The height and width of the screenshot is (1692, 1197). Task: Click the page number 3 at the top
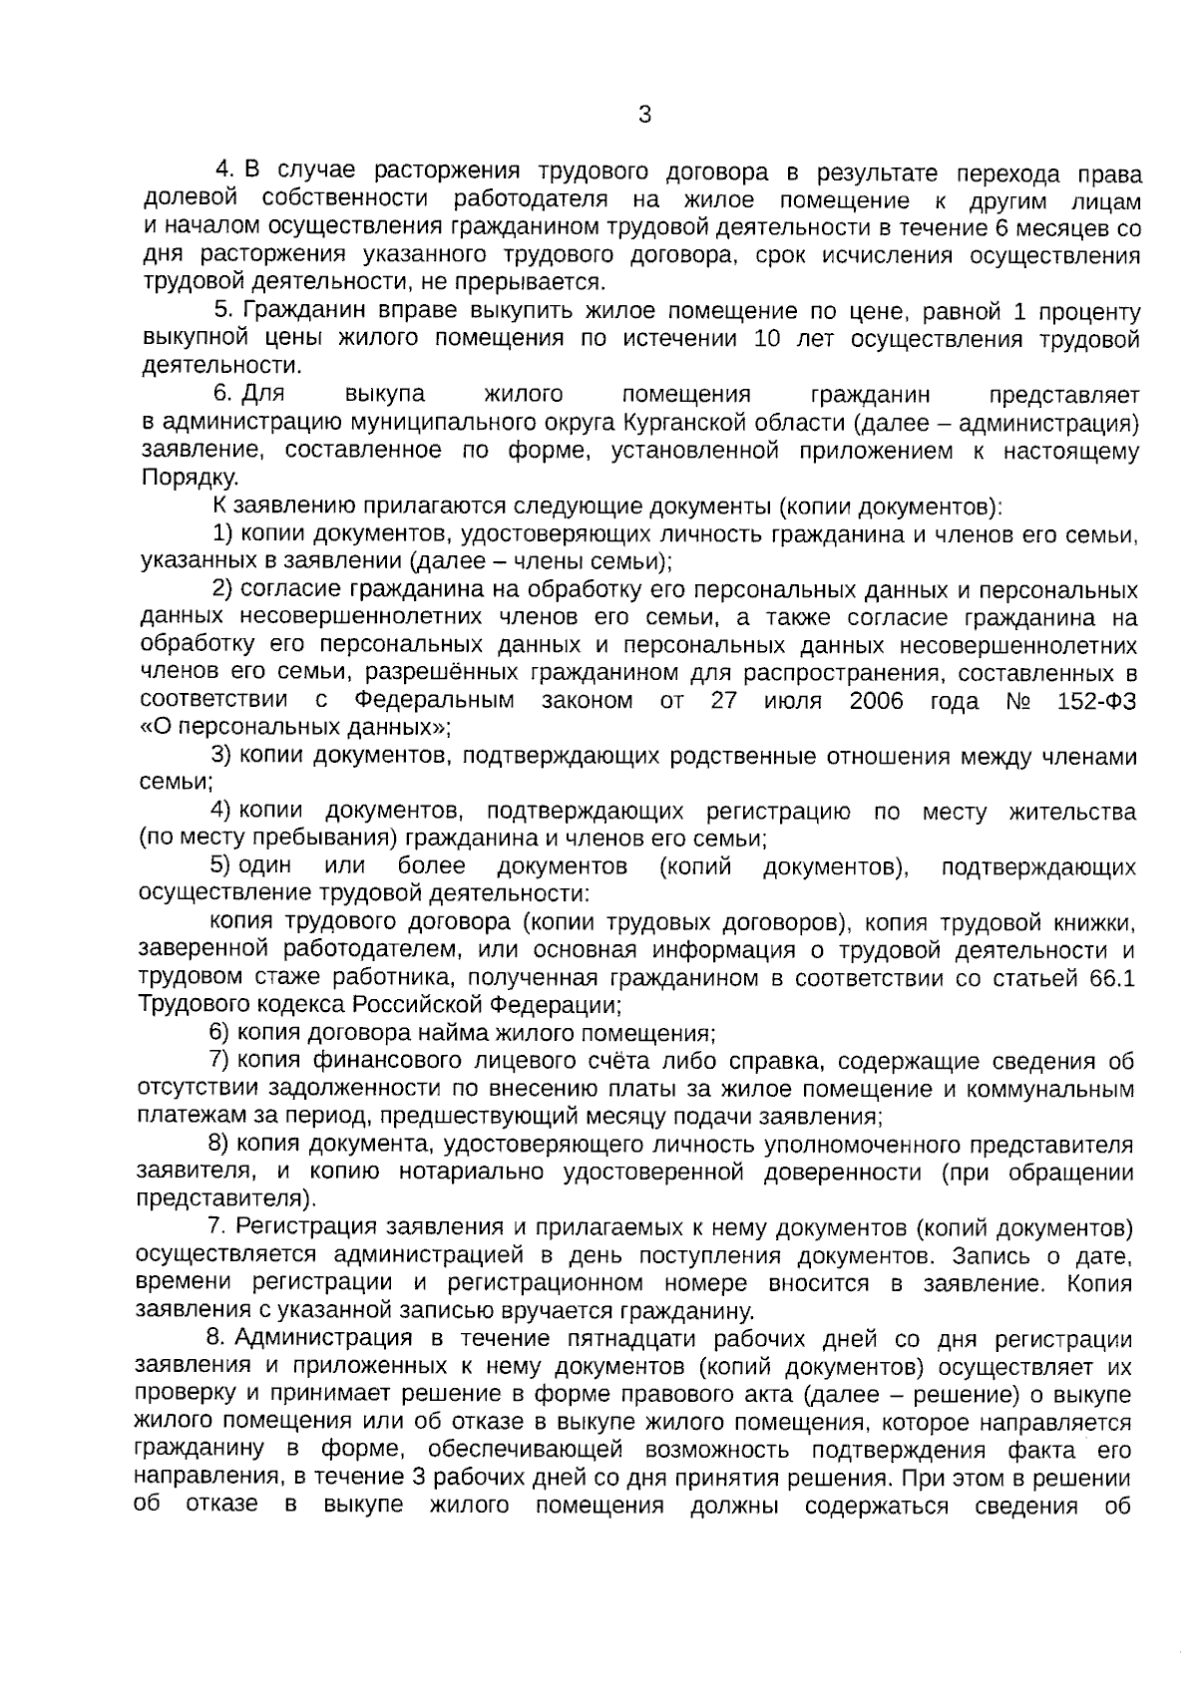pos(643,115)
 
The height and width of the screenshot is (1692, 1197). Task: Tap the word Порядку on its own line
pos(190,479)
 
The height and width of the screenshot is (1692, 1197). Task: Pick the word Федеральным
pos(435,701)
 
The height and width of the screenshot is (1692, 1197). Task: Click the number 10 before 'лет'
pos(768,340)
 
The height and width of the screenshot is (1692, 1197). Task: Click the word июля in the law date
pos(792,701)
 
